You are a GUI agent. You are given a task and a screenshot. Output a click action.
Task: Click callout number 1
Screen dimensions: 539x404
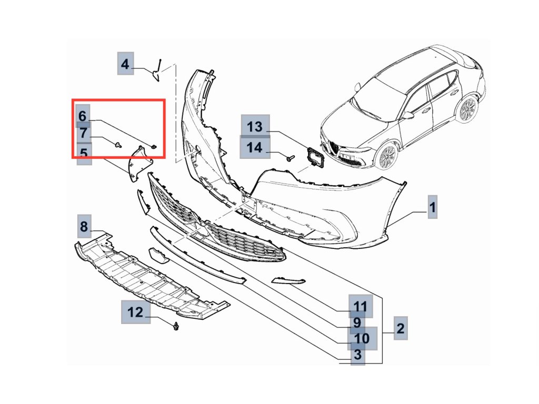(x=433, y=207)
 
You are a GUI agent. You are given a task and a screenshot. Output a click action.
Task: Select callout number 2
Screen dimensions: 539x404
(x=401, y=328)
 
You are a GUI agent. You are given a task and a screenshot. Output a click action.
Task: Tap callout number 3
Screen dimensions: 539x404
(x=358, y=354)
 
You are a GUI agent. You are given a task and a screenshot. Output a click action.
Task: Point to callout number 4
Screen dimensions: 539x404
(x=125, y=64)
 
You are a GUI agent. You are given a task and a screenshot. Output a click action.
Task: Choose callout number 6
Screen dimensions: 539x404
(x=83, y=116)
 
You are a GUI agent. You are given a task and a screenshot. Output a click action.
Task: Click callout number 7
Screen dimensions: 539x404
(x=84, y=133)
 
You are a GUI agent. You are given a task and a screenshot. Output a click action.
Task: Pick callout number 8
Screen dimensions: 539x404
(x=84, y=226)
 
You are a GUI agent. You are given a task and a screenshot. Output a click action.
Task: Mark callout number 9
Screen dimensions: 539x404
(x=357, y=322)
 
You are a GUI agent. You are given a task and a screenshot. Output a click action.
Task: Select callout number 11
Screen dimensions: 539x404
(x=360, y=306)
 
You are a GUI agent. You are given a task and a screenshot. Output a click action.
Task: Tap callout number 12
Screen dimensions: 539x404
(x=135, y=312)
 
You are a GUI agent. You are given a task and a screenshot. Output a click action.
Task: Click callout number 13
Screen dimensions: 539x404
(x=255, y=126)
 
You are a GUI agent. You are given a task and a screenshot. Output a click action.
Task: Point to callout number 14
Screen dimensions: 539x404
(x=255, y=147)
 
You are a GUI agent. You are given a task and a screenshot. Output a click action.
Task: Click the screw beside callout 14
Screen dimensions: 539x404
(x=291, y=158)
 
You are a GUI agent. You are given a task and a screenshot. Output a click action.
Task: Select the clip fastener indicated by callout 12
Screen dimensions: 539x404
(x=176, y=326)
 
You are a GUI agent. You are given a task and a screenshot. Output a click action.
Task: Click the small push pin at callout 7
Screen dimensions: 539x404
(x=118, y=145)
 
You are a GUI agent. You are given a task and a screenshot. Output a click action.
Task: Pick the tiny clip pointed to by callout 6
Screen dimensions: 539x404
(x=154, y=147)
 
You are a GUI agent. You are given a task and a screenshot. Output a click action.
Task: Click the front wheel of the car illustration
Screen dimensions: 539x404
(x=387, y=157)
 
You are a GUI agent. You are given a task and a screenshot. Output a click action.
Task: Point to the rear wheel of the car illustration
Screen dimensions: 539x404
(x=467, y=109)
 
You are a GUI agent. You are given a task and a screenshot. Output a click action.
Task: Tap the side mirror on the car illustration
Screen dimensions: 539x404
(x=408, y=115)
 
